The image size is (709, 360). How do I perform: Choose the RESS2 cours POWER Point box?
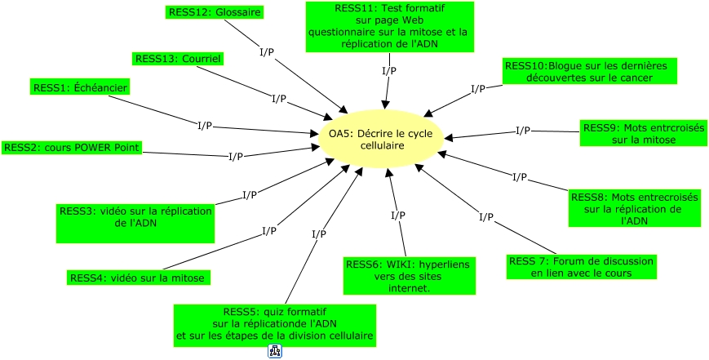(72, 148)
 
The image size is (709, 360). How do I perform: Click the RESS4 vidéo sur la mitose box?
(139, 278)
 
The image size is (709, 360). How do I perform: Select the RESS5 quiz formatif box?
(274, 324)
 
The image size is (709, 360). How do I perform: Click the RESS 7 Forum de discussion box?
(581, 267)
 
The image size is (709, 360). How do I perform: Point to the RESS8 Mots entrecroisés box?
(634, 208)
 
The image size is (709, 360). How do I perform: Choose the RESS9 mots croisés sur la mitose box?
(643, 134)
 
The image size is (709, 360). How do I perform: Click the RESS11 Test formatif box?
(389, 26)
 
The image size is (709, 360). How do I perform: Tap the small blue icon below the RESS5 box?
(275, 352)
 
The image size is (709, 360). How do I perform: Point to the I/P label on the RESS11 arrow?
(389, 71)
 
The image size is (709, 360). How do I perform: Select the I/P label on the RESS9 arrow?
(523, 131)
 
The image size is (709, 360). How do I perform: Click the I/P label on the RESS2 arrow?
(235, 156)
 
